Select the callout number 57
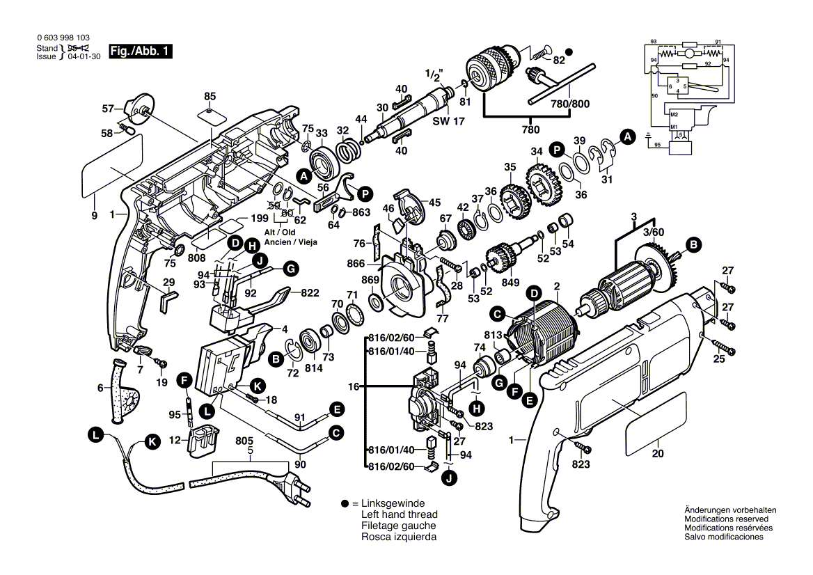(x=107, y=109)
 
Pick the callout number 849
(x=510, y=282)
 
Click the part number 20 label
(x=658, y=454)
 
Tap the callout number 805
(x=244, y=441)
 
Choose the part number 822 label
(x=310, y=293)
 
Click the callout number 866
(x=355, y=265)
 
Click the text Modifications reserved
(x=726, y=519)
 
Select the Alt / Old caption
(x=279, y=232)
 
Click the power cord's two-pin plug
(x=293, y=484)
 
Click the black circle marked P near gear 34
(x=557, y=148)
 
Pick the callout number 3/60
(x=654, y=231)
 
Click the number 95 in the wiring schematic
(x=656, y=145)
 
